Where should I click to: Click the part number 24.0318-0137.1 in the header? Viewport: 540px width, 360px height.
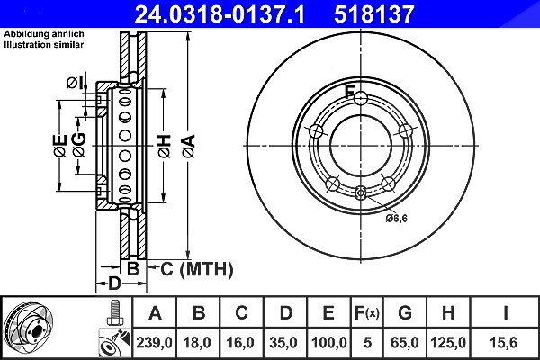pyautogui.click(x=220, y=14)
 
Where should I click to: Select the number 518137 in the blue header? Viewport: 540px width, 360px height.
pyautogui.click(x=373, y=14)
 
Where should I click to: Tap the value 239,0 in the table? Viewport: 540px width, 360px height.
pyautogui.click(x=154, y=343)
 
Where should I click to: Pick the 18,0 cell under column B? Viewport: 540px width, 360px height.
pyautogui.click(x=197, y=343)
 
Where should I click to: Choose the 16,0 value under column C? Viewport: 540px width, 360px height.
pyautogui.click(x=240, y=343)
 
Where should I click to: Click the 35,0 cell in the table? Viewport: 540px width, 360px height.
pyautogui.click(x=283, y=343)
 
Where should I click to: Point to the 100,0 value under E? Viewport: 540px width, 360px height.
pyautogui.click(x=328, y=343)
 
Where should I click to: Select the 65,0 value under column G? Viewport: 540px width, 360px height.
pyautogui.click(x=405, y=343)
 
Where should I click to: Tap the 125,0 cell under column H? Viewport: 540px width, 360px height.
pyautogui.click(x=448, y=343)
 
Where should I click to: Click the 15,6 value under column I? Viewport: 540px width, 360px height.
pyautogui.click(x=503, y=343)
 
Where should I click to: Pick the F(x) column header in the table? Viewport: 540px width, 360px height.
pyautogui.click(x=367, y=313)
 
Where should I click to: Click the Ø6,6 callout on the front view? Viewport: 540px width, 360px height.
pyautogui.click(x=396, y=218)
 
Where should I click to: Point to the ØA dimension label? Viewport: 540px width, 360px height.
pyautogui.click(x=189, y=146)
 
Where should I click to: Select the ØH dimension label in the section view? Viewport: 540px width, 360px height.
pyautogui.click(x=165, y=146)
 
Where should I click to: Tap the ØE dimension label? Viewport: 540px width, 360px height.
pyautogui.click(x=59, y=146)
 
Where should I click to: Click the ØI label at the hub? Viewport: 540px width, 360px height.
pyautogui.click(x=75, y=83)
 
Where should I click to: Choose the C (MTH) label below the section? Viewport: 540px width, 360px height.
pyautogui.click(x=196, y=269)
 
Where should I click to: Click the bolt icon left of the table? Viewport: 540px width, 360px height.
pyautogui.click(x=114, y=313)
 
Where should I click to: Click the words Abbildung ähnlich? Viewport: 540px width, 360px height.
pyautogui.click(x=44, y=34)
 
